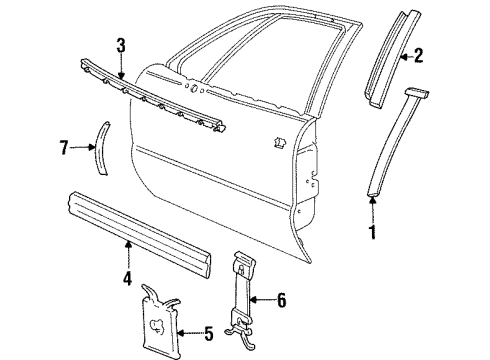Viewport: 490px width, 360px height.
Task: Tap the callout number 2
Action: click(x=446, y=57)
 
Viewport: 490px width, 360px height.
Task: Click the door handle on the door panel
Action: click(x=277, y=142)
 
